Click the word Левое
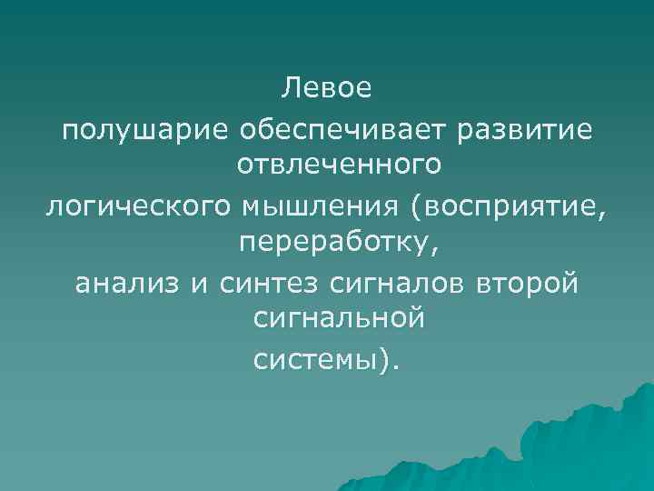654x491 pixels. (x=326, y=89)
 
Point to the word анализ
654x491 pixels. (x=129, y=285)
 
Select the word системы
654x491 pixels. (x=319, y=362)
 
